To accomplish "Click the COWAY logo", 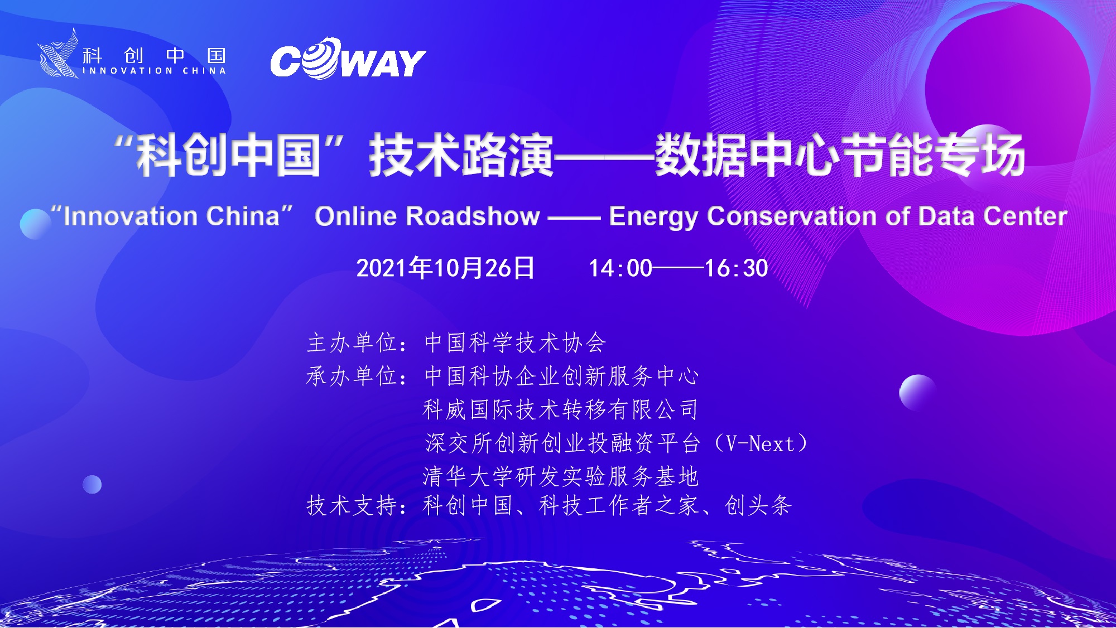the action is (x=348, y=59).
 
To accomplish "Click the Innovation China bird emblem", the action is (x=58, y=54).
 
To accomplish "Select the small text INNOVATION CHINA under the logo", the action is (x=155, y=71).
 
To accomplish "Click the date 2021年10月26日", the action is (x=445, y=268).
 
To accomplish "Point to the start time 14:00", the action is (x=620, y=268).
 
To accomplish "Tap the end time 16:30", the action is (x=737, y=268).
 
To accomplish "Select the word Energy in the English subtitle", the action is (x=653, y=217).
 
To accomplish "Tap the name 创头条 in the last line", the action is (x=758, y=505).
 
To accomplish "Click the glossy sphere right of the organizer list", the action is (x=918, y=393).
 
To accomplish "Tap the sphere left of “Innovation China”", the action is (x=36, y=224).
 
